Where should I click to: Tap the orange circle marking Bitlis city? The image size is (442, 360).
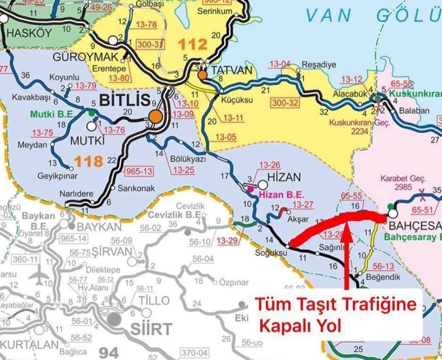click(x=156, y=115)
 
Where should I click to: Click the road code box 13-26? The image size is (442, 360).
click(x=270, y=165)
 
